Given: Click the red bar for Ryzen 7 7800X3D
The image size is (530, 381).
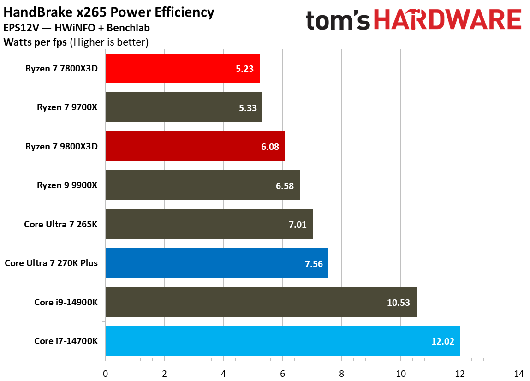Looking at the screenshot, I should coord(182,68).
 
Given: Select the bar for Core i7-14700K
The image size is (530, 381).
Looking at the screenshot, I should coord(282,341).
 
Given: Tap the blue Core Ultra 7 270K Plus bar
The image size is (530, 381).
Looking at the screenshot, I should coord(217,263).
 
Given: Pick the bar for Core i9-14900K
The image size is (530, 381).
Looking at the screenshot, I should coord(261,303).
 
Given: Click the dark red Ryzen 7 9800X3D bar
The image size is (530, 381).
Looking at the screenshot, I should coord(195,146).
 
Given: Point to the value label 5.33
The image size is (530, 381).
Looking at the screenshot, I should coord(248,107).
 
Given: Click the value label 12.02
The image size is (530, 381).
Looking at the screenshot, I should coord(442,341).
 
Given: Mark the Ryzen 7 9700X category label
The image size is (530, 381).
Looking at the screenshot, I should coord(70,107).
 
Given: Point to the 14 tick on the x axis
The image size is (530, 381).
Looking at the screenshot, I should coord(518,373).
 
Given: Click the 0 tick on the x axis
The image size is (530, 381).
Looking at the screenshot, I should coord(106,373).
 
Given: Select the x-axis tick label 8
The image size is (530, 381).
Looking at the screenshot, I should coord(341,373).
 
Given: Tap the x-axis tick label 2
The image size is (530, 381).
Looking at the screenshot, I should coord(165,373).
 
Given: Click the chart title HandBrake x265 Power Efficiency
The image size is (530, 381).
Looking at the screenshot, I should coord(109,12).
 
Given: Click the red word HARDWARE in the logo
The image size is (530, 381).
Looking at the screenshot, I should coord(447,20).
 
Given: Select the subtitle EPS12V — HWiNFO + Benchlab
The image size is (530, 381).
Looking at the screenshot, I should coord(77,28).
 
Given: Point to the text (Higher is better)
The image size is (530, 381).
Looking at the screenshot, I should coord(109,42).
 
